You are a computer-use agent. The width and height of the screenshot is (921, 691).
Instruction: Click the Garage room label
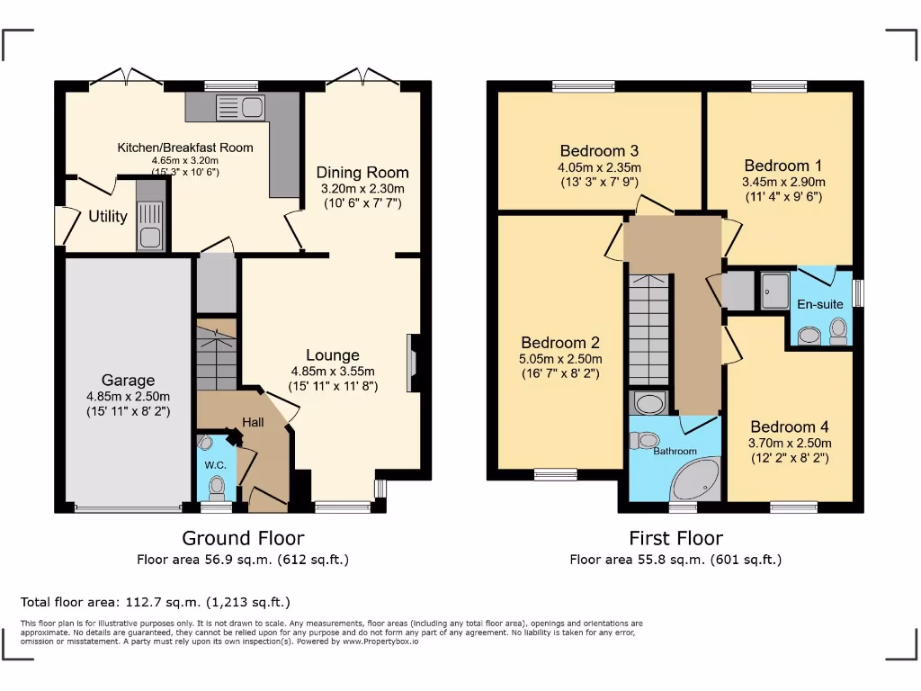tap(127, 381)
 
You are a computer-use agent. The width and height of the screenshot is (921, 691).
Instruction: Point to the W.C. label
tap(215, 465)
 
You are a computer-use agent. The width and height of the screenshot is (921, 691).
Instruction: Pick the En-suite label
tap(820, 304)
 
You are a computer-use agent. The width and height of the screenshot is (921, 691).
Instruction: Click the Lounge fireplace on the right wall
tap(413, 363)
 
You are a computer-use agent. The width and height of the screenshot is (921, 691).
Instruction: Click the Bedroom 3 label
tap(599, 150)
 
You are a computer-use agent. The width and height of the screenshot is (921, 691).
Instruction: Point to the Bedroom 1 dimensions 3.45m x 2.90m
tap(782, 182)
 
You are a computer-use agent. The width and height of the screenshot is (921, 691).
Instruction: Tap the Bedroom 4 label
tap(790, 426)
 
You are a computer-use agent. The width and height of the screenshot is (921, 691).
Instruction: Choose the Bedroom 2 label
tap(560, 343)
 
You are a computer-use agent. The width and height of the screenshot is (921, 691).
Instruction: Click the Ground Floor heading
tap(243, 538)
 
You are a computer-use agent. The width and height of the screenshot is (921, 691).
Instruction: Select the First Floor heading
tap(675, 538)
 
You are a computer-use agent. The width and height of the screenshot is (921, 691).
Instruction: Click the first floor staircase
tap(648, 329)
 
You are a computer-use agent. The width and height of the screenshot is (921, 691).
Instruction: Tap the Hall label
tap(253, 423)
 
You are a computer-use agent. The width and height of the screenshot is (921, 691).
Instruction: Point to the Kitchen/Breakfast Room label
tap(185, 148)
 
